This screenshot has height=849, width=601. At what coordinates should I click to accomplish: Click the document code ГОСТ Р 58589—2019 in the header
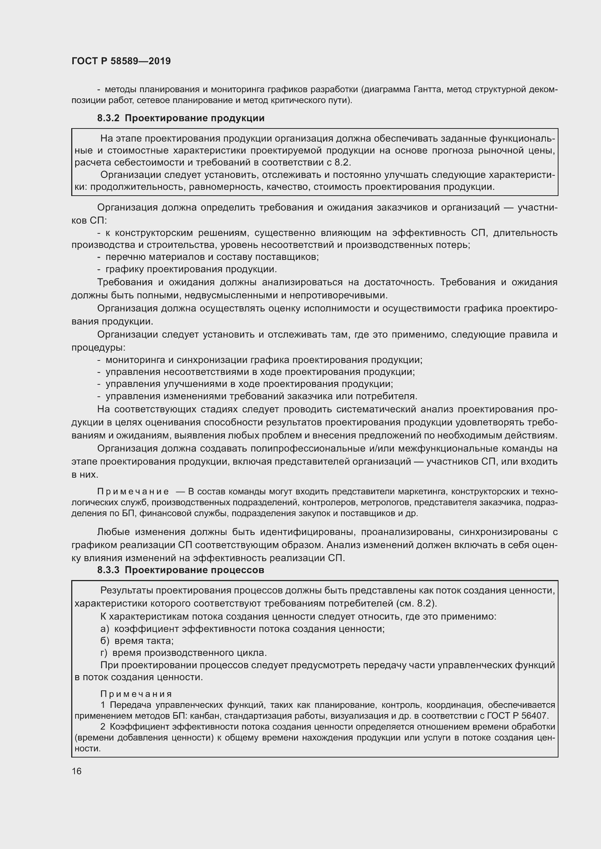pyautogui.click(x=121, y=61)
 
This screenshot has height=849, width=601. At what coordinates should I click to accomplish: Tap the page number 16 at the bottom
pyautogui.click(x=77, y=771)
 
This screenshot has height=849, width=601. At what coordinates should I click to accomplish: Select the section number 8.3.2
pyautogui.click(x=108, y=118)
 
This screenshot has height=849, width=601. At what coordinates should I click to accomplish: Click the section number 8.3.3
pyautogui.click(x=108, y=570)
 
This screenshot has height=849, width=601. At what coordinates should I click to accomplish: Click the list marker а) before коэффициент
pyautogui.click(x=105, y=629)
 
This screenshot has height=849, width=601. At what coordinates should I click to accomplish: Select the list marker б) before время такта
pyautogui.click(x=105, y=640)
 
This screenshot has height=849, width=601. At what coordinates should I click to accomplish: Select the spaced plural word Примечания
pyautogui.click(x=136, y=694)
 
